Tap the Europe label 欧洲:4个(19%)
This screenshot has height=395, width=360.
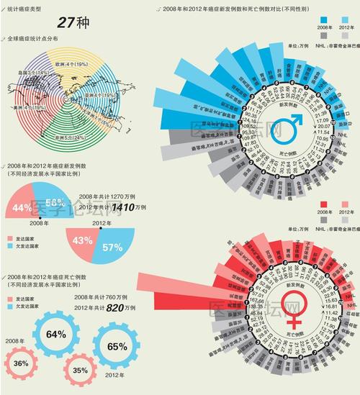[73, 63]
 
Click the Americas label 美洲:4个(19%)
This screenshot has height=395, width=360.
[27, 108]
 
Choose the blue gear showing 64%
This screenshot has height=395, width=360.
[55, 334]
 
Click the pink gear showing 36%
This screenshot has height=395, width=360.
[21, 363]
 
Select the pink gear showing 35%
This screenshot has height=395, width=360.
[81, 371]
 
